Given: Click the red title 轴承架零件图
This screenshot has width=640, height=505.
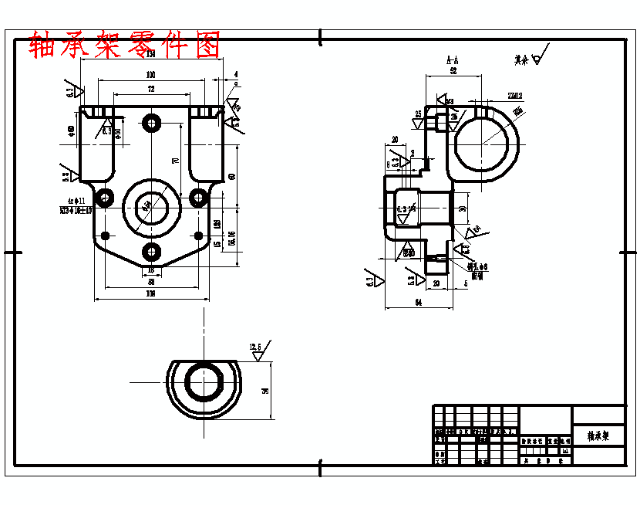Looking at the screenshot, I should tap(124, 46).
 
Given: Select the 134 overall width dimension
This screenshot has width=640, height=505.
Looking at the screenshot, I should tap(150, 55).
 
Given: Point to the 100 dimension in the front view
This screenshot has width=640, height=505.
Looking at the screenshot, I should tap(150, 75).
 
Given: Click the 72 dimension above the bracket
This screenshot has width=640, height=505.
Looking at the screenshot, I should tap(150, 90).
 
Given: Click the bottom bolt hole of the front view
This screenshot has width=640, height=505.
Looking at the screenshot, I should tap(151, 251).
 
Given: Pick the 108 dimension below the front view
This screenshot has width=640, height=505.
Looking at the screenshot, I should tap(151, 294).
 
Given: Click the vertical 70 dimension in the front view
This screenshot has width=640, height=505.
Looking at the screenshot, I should tap(176, 161).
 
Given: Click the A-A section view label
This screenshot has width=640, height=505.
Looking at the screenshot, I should tap(453, 59).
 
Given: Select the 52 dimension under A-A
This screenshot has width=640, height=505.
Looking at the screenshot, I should tap(453, 70).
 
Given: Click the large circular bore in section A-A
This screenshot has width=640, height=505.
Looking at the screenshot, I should tap(485, 144).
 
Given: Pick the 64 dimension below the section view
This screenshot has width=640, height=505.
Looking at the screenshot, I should tap(417, 302).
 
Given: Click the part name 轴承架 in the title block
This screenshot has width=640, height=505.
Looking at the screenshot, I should tap(598, 436).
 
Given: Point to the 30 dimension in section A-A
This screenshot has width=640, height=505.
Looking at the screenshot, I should tap(462, 208).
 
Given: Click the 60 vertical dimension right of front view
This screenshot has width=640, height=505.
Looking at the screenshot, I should tap(231, 176).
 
